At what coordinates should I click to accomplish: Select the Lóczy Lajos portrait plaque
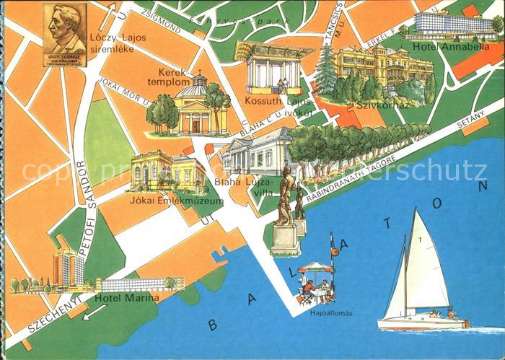coord(65,34)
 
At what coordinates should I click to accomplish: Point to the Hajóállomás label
coord(317,313)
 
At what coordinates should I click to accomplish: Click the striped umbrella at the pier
coord(317,267)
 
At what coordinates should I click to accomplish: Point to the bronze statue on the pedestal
coord(287,198)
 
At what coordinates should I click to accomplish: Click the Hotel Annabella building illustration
coord(447,25)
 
